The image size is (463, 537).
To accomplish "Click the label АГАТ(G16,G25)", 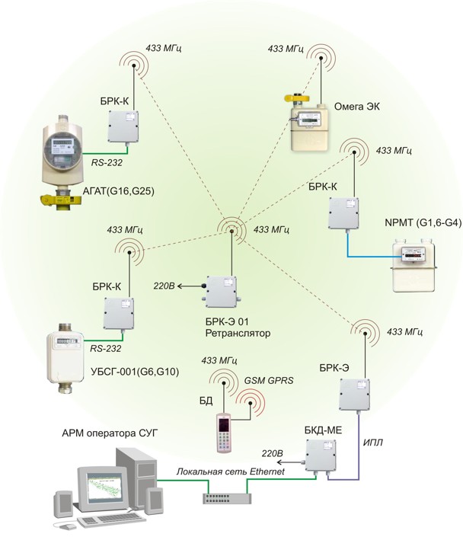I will [x=117, y=192].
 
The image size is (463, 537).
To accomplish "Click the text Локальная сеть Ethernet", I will [x=230, y=473].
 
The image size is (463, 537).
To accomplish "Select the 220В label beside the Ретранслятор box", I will [x=164, y=286].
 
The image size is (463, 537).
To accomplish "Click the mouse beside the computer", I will [x=69, y=526].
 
